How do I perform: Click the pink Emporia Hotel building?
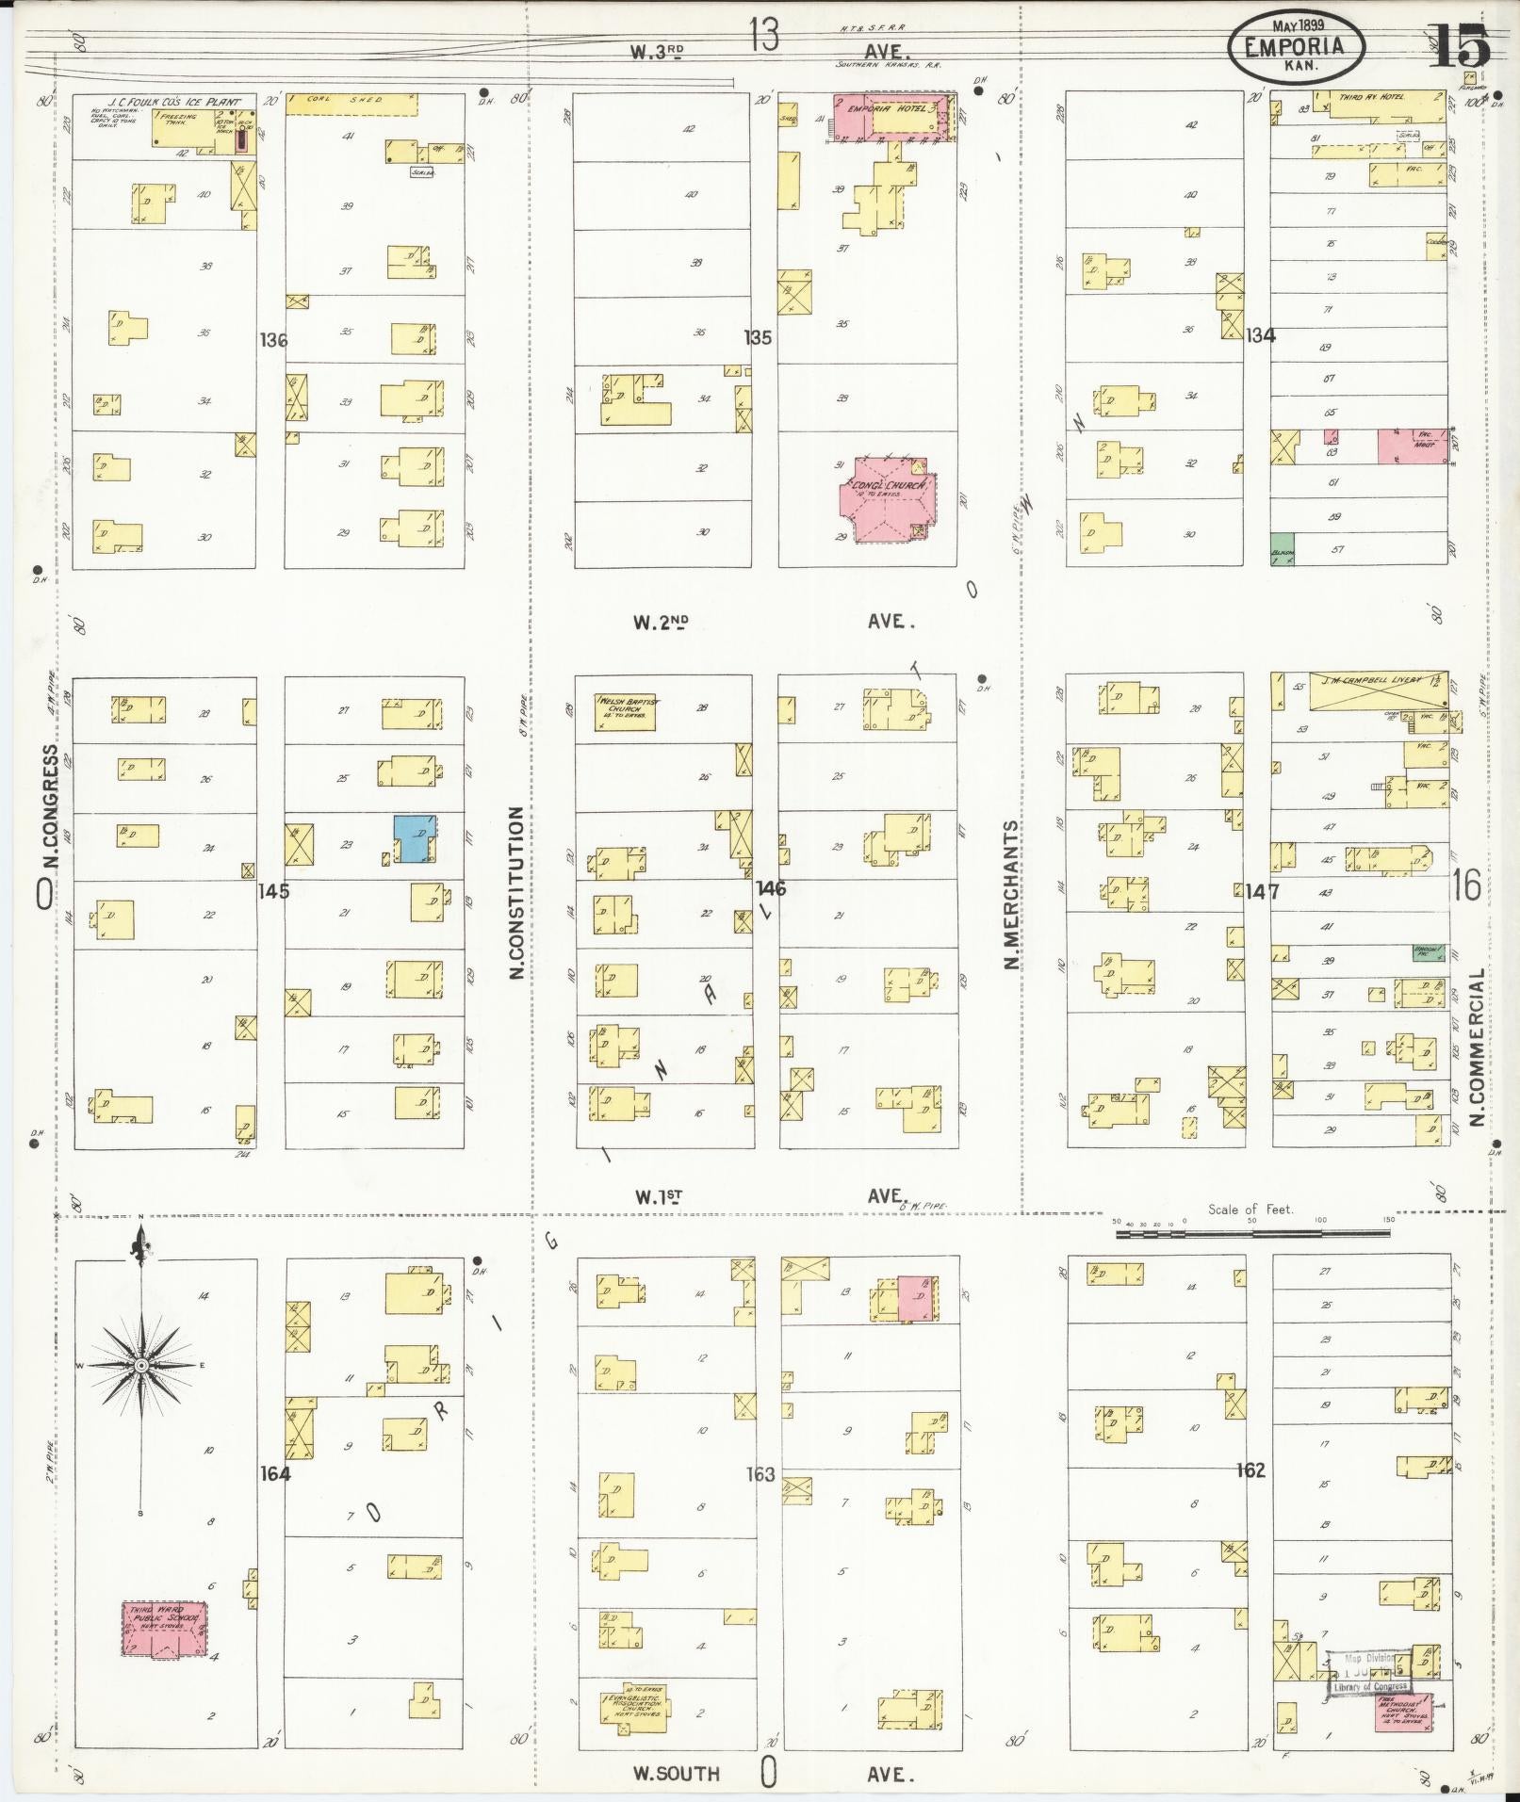891,118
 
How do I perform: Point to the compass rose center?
140,1366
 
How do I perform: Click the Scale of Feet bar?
1253,1232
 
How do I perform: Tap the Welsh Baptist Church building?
625,712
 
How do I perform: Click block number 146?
770,887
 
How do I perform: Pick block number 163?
760,1474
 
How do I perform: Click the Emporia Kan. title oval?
1296,47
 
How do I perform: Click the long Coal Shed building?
351,104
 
